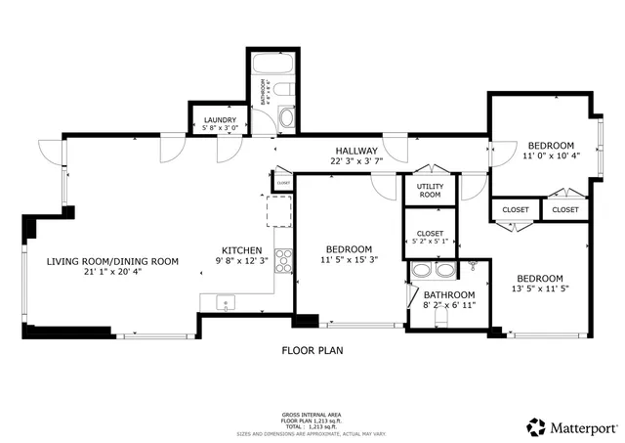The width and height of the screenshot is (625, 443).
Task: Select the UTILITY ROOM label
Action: click(430, 190)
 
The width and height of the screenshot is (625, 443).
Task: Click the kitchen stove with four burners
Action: click(285, 259)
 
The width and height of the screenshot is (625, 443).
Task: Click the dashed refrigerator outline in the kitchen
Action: click(280, 209)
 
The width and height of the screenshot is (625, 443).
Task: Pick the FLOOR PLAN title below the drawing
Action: click(312, 349)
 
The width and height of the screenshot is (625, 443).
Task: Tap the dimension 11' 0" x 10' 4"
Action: click(551, 155)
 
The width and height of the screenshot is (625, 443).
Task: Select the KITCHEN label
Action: click(240, 248)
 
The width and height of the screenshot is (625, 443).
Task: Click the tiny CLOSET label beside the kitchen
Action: click(283, 183)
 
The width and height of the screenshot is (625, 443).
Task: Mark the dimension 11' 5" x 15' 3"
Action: click(349, 260)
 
